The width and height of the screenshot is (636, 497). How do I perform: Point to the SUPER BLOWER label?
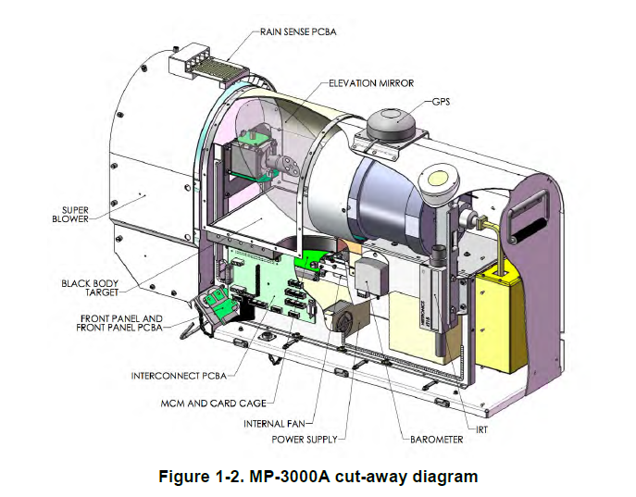tap(69, 215)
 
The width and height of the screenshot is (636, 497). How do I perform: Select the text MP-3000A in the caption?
tap(276, 477)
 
